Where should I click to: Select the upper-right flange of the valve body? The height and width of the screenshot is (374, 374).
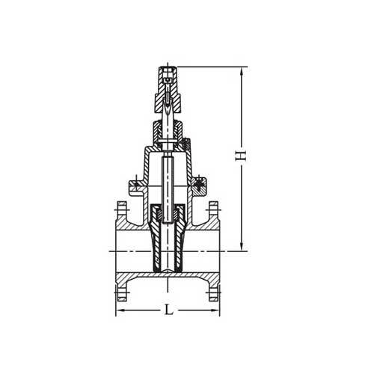[214, 213]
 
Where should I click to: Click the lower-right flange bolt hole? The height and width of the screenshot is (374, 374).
[214, 286]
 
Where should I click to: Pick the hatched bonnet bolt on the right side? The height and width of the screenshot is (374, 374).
[200, 183]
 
